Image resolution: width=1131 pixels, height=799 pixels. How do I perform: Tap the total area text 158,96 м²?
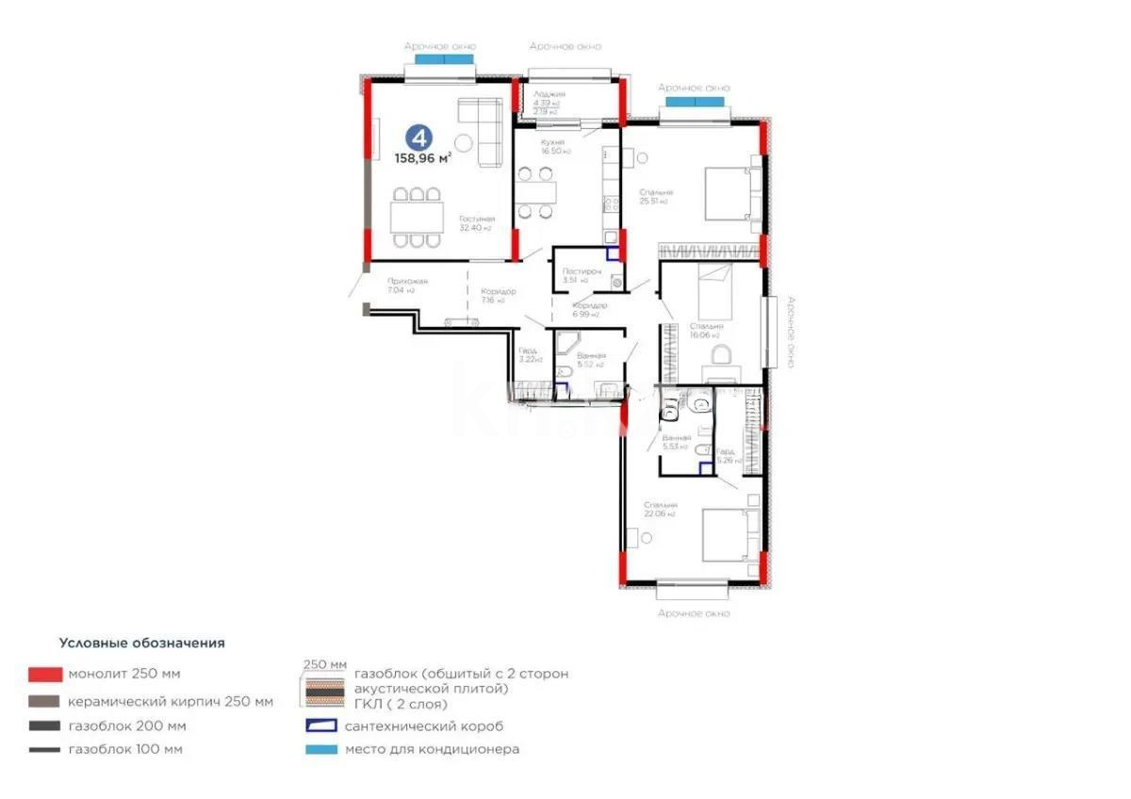point(422,159)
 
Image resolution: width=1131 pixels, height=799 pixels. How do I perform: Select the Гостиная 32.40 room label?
point(477,222)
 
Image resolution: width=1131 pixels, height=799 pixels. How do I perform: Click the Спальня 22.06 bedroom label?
point(661,510)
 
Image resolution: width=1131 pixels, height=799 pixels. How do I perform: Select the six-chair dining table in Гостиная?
point(417,218)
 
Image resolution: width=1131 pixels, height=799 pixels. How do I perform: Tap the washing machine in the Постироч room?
point(616,280)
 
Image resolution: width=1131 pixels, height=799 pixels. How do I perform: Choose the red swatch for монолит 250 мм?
point(45,675)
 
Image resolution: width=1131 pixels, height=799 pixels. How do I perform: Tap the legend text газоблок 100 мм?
point(125,750)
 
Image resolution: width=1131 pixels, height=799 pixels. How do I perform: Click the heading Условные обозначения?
point(142,644)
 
